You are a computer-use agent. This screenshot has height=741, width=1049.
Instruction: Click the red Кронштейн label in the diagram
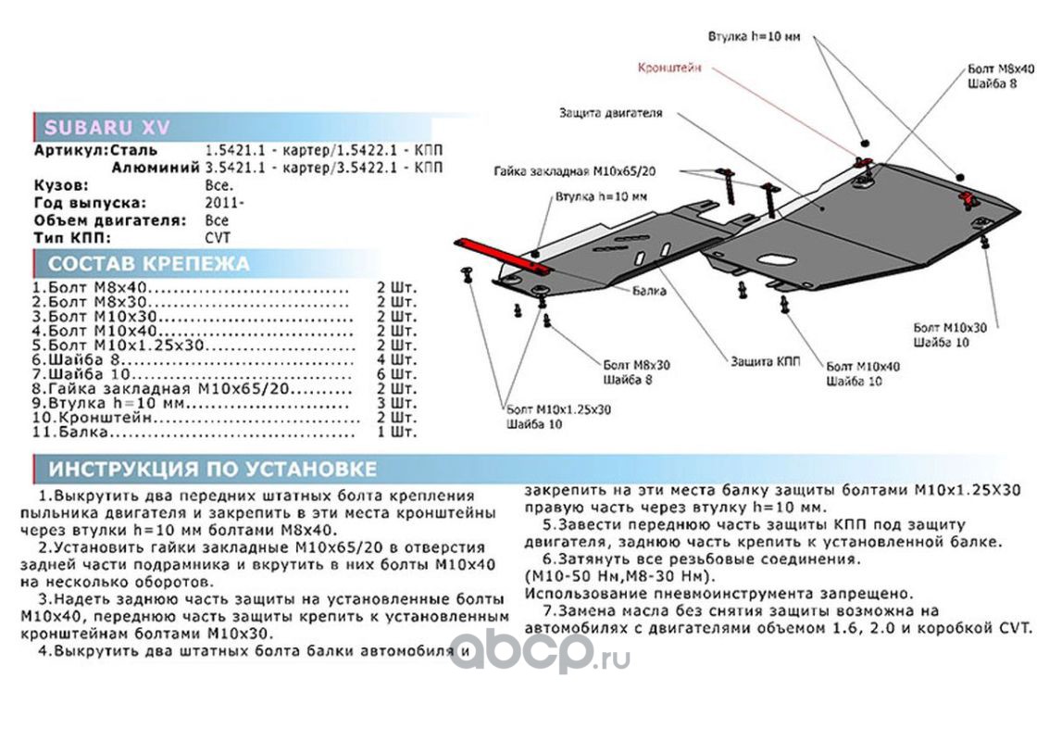tap(669, 68)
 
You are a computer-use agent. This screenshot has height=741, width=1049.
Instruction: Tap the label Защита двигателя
tap(610, 114)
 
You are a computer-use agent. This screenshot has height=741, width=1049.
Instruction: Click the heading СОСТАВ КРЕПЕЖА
tap(148, 264)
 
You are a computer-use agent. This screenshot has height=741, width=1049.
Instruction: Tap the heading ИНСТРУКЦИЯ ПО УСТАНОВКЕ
tap(212, 468)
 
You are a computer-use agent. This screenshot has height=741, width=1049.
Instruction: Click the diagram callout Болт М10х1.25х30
tap(558, 409)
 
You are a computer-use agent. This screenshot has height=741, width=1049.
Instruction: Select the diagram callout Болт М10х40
tap(862, 367)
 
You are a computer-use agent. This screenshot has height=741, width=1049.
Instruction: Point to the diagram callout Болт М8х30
tap(634, 365)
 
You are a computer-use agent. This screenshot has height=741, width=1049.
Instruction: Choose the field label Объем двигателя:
tap(109, 220)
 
